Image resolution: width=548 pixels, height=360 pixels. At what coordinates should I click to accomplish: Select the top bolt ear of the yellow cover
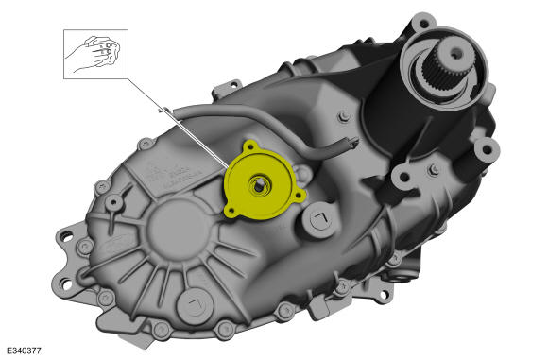tap(250, 147)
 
